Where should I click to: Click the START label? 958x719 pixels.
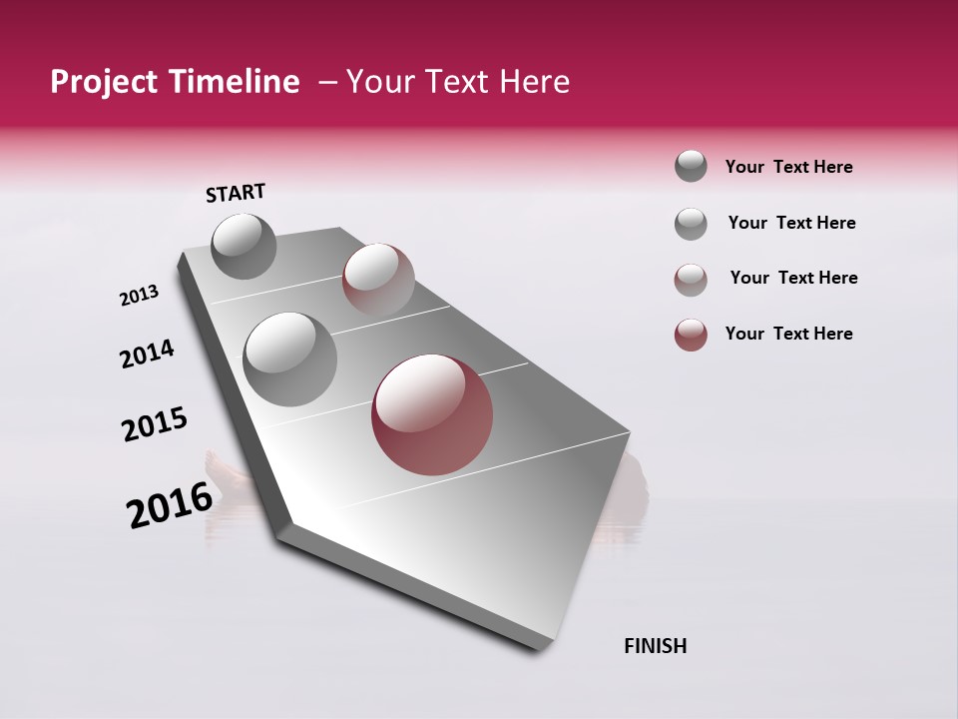236,193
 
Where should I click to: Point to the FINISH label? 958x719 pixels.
655,646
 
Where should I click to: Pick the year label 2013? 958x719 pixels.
139,296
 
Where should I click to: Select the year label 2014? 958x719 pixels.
147,354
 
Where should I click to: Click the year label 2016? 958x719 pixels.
170,505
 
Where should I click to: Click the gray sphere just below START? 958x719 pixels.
244,246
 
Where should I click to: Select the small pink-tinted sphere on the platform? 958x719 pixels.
378,279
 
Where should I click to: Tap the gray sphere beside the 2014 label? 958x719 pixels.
290,359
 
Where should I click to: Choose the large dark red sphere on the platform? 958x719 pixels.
432,414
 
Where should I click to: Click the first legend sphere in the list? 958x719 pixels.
691,167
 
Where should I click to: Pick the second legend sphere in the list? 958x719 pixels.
691,224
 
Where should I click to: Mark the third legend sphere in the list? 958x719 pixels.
691,280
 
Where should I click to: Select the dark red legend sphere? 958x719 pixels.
691,335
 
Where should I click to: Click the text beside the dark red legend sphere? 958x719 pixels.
788,334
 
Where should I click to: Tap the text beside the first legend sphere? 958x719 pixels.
788,167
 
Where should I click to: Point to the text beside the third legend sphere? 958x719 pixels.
793,278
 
